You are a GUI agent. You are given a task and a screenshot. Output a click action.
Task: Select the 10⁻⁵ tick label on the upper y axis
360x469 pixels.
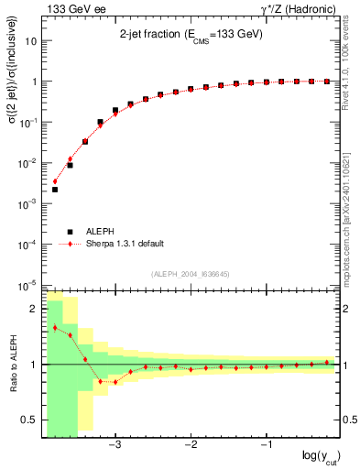28,285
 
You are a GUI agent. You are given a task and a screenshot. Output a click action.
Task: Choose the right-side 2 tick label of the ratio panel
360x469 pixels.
348,310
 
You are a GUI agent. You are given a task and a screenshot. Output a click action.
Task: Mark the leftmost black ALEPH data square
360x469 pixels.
55,190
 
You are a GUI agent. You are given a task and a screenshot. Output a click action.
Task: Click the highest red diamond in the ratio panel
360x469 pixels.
55,327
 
